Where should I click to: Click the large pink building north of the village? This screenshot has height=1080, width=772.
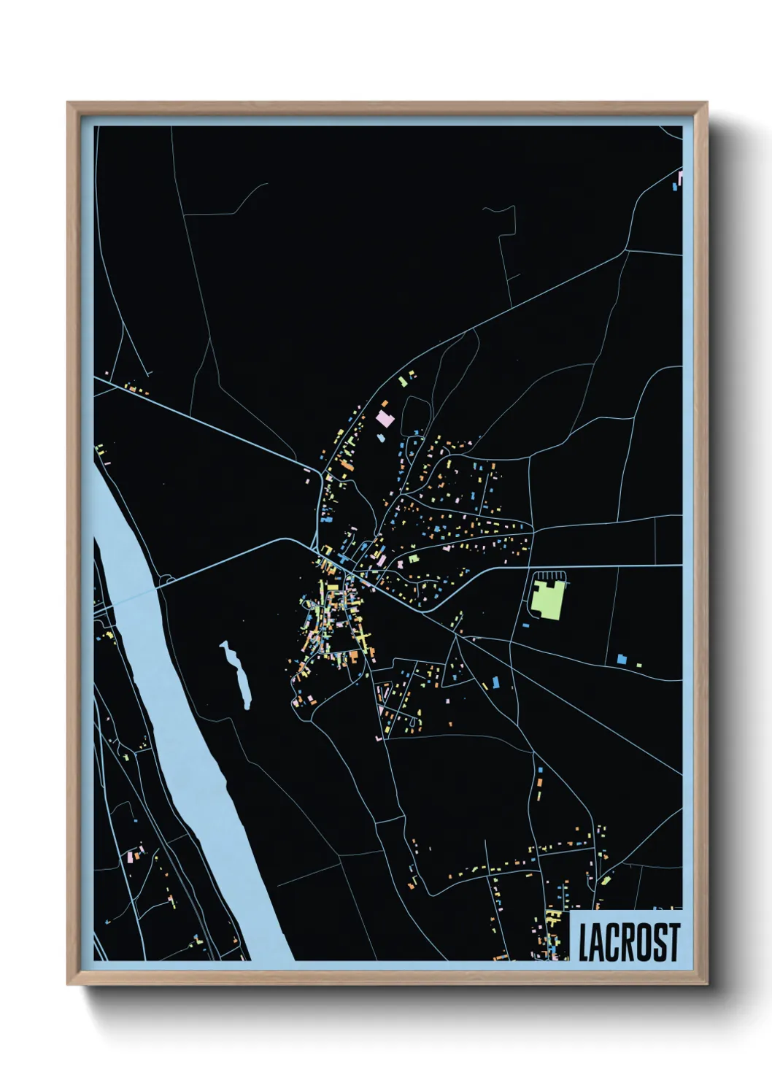pyautogui.click(x=384, y=419)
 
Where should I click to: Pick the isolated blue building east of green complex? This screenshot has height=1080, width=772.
pyautogui.click(x=622, y=659)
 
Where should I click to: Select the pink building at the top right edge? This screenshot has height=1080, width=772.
pyautogui.click(x=680, y=177)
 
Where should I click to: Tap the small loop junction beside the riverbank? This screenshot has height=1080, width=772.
pyautogui.click(x=166, y=580)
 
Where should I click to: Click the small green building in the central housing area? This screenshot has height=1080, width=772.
pyautogui.click(x=414, y=559)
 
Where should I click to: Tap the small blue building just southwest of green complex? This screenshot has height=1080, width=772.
pyautogui.click(x=525, y=625)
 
